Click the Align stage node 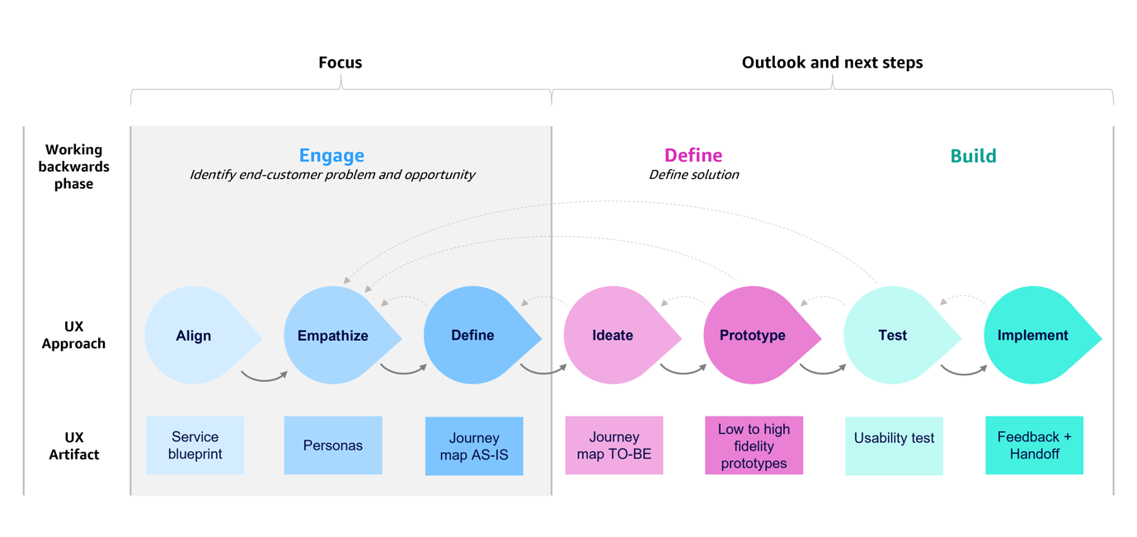pyautogui.click(x=195, y=336)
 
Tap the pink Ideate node pyautogui.click(x=613, y=336)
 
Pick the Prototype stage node pyautogui.click(x=753, y=336)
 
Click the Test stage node pyautogui.click(x=893, y=336)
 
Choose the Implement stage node pyautogui.click(x=1033, y=336)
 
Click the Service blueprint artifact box pyautogui.click(x=195, y=445)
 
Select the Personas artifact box pyautogui.click(x=333, y=445)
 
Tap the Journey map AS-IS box pyautogui.click(x=474, y=446)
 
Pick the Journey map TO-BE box pyautogui.click(x=614, y=445)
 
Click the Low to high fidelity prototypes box pyautogui.click(x=754, y=445)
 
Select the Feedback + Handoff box pyautogui.click(x=1034, y=445)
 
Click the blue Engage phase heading pyautogui.click(x=331, y=155)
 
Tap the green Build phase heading pyautogui.click(x=973, y=156)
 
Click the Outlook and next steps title pyautogui.click(x=832, y=63)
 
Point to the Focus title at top pyautogui.click(x=340, y=63)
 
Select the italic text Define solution pyautogui.click(x=693, y=175)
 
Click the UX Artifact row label pyautogui.click(x=73, y=445)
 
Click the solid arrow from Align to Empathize pyautogui.click(x=264, y=379)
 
